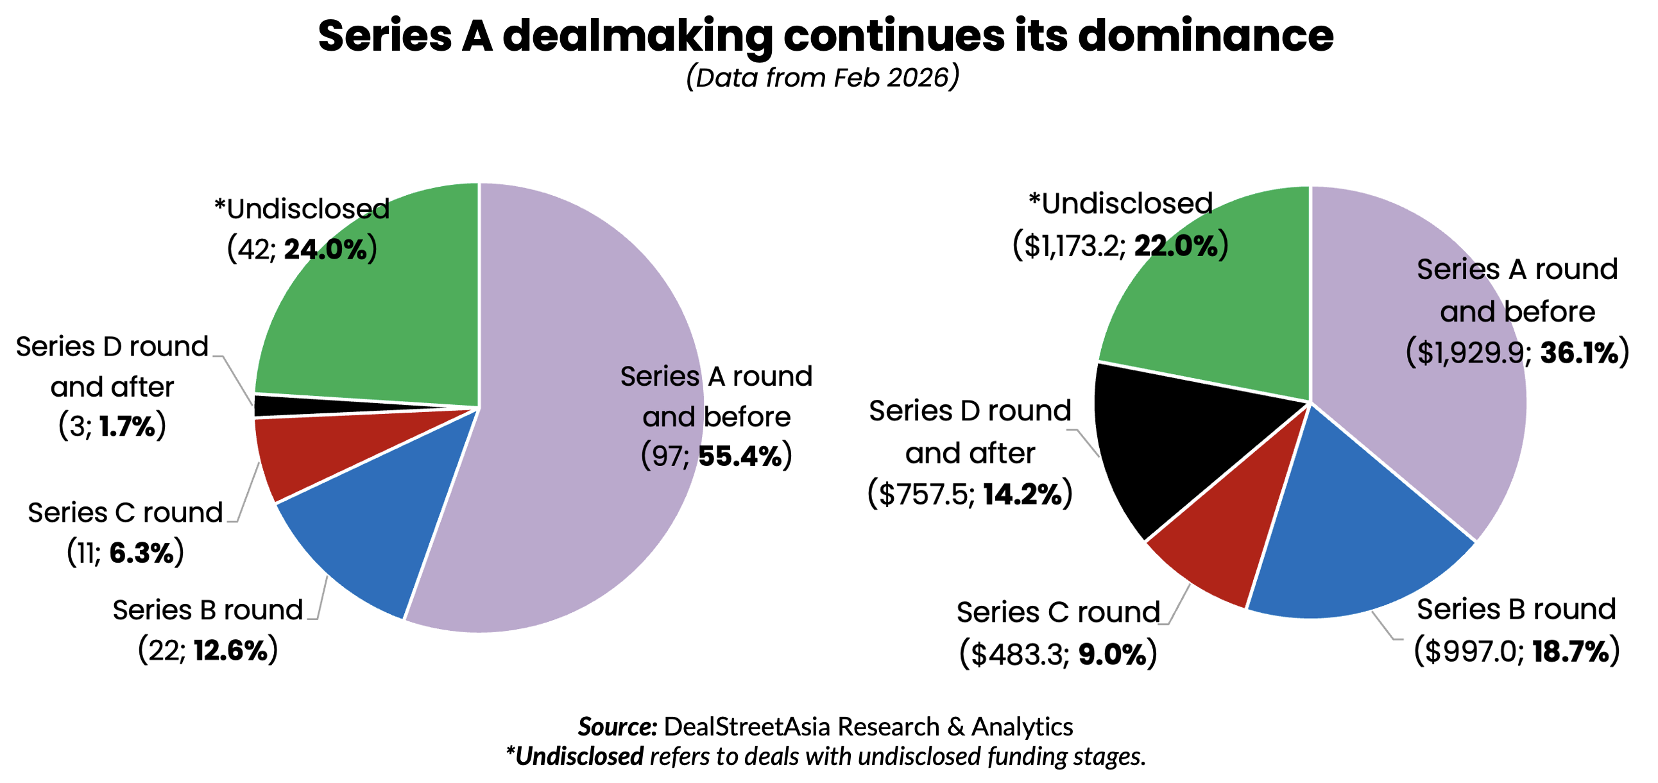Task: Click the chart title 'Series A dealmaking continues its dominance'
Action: pos(825,36)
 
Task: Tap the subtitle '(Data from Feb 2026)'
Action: pos(823,78)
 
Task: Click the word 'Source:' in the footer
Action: pos(617,727)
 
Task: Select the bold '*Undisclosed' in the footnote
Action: pos(575,757)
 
